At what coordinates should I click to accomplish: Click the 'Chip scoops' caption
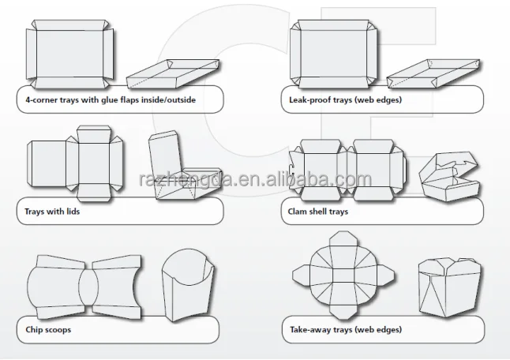(x=49, y=328)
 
